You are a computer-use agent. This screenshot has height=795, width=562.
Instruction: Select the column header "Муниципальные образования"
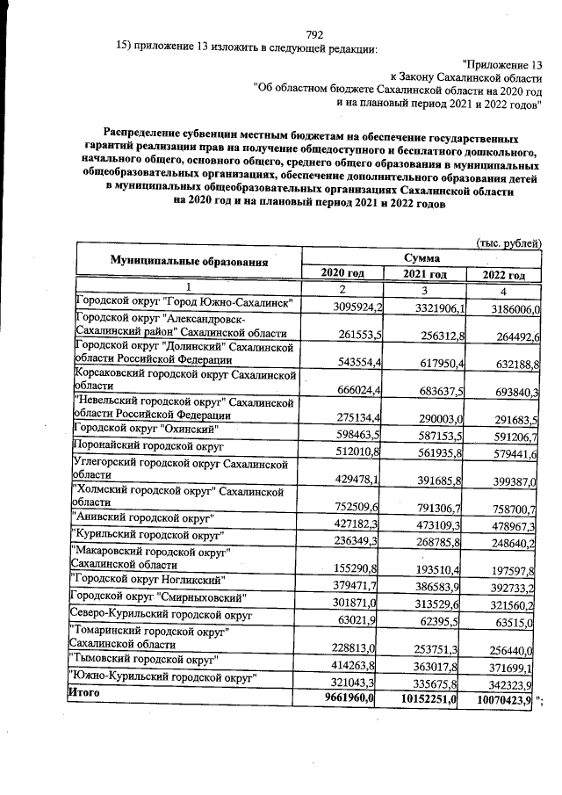189,262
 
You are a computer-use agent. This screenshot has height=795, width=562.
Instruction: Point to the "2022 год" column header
504,275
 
